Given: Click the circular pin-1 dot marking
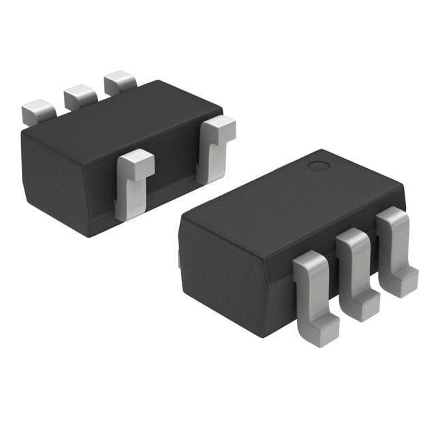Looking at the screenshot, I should pyautogui.click(x=318, y=166).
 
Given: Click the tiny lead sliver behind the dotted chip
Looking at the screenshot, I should pyautogui.click(x=179, y=258).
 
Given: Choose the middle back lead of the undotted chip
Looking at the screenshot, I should pyautogui.click(x=79, y=97).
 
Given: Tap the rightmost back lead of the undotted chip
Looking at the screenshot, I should pyautogui.click(x=119, y=82).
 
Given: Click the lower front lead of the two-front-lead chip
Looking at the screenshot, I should pyautogui.click(x=133, y=184).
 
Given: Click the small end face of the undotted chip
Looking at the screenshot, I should pyautogui.click(x=54, y=181).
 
